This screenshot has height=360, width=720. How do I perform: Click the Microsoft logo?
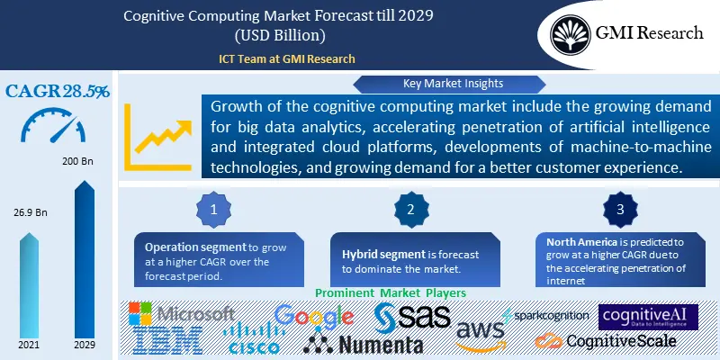181,314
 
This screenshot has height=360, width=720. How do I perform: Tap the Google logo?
313,317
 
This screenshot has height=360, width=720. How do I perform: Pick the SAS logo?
410,316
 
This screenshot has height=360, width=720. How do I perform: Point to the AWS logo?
480,336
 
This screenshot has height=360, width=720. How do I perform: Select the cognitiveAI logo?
648,317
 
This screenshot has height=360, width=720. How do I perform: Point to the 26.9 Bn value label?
30,212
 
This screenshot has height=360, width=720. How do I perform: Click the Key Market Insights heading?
415,85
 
